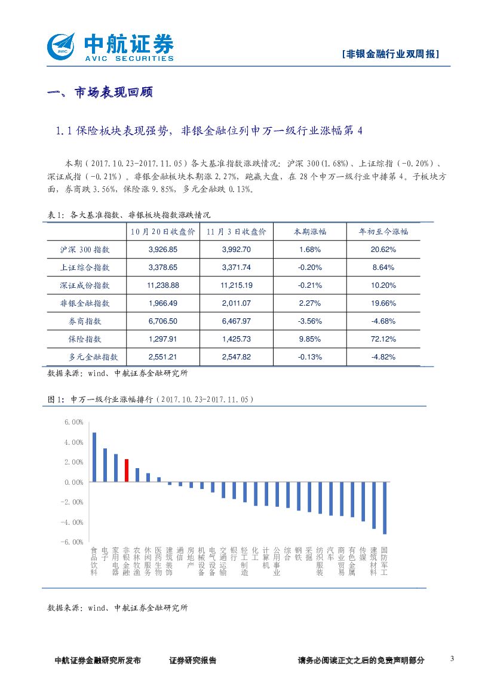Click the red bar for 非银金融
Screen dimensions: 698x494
coord(127,470)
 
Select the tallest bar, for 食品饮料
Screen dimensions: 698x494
coord(94,457)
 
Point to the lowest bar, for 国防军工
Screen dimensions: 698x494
coord(385,508)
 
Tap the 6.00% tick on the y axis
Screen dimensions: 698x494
coord(73,422)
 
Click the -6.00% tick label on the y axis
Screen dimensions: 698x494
coord(73,542)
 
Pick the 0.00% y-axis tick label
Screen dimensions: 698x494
coord(73,482)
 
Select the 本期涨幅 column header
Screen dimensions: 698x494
coord(310,232)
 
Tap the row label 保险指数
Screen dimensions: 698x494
coord(85,339)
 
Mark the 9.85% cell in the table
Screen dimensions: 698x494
coord(310,339)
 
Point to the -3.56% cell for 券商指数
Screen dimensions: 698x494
coord(310,321)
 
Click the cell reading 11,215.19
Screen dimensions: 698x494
coord(236,285)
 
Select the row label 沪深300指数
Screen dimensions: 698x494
coord(85,250)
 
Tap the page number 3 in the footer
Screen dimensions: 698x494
coord(452,659)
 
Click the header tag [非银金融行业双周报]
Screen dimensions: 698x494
coord(391,54)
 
